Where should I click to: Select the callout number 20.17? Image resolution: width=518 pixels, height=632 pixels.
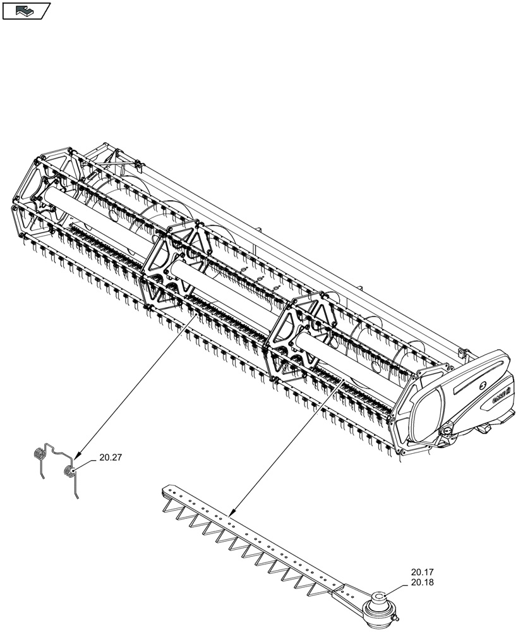[x=421, y=573]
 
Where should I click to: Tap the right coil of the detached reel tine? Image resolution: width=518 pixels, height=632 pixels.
[x=69, y=471]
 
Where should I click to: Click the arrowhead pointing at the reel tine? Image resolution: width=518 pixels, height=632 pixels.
[x=77, y=456]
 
